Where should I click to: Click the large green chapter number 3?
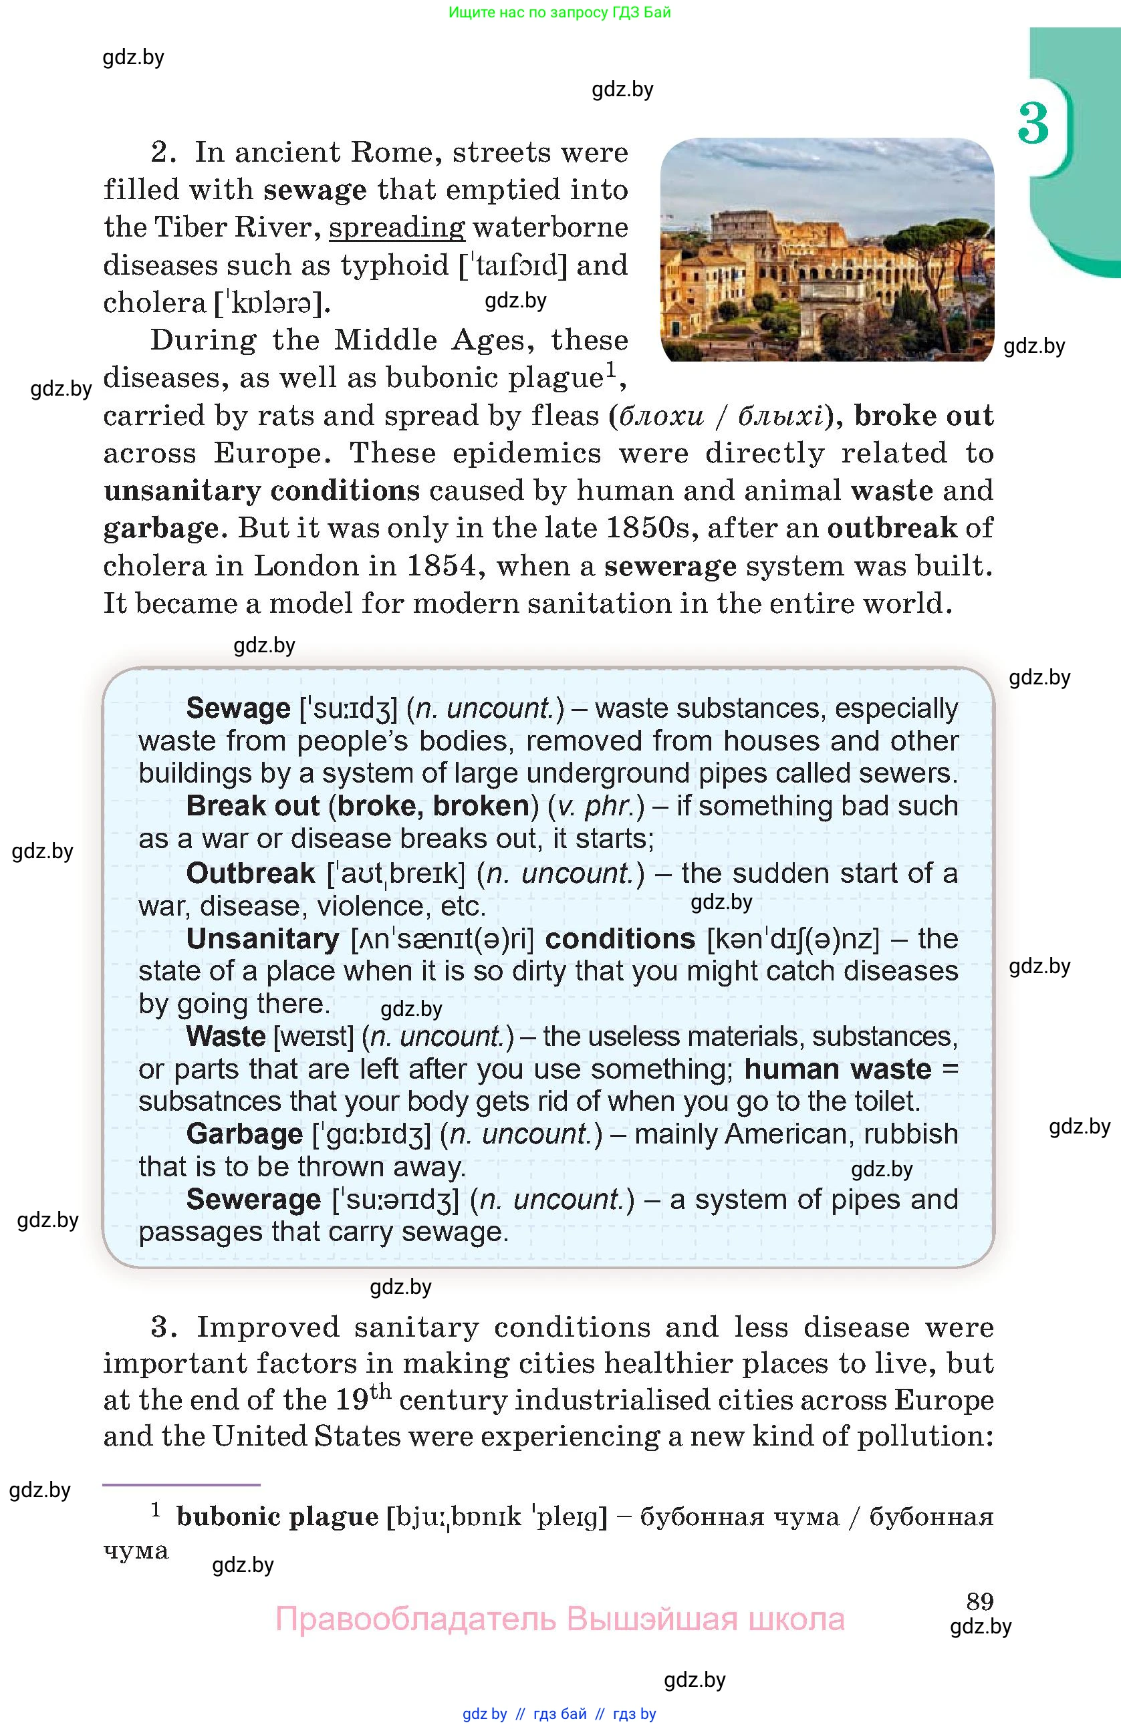coord(1033,123)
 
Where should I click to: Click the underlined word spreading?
coord(396,228)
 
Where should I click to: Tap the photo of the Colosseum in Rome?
coord(827,249)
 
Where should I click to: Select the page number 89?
coord(980,1601)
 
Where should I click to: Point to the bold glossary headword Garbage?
coord(244,1134)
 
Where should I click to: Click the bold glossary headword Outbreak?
coord(251,874)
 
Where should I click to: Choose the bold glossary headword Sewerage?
coord(253,1200)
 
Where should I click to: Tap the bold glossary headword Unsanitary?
coord(262,938)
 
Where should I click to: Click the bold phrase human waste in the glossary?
coord(838,1069)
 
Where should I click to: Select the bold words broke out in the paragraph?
coord(923,416)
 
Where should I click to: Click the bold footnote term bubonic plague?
coord(277,1517)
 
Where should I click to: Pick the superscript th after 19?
coord(381,1393)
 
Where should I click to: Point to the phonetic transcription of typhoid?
coord(512,266)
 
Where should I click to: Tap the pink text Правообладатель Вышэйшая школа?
coord(559,1619)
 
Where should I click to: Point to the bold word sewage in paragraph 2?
coord(315,190)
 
